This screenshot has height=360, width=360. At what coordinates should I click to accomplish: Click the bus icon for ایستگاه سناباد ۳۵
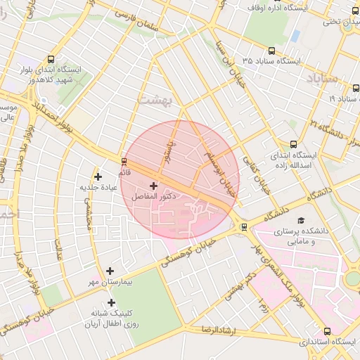coord(272,51)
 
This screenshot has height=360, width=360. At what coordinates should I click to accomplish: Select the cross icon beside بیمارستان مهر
coord(110,271)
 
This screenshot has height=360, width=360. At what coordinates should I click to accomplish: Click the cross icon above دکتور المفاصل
coord(154,186)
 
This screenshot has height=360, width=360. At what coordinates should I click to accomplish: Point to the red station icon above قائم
coord(124,161)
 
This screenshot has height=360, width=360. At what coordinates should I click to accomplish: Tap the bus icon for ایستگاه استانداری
coord(327,331)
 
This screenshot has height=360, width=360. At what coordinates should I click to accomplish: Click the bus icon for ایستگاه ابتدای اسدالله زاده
coord(293,143)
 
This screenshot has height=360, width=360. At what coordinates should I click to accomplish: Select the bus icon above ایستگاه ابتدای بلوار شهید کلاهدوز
coord(51,60)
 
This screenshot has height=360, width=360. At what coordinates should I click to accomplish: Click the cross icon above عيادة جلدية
coord(98,176)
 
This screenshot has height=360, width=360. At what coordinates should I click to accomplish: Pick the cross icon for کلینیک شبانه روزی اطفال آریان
coord(111,302)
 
